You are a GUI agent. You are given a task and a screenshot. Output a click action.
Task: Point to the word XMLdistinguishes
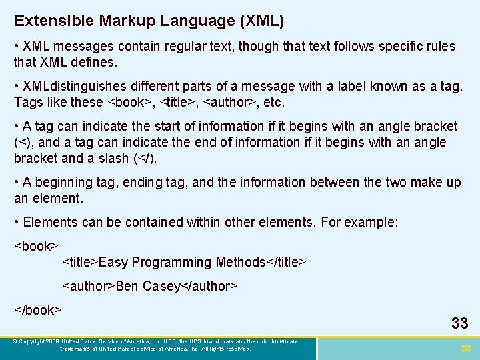click(74, 86)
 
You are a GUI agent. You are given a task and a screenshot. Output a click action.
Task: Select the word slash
click(113, 158)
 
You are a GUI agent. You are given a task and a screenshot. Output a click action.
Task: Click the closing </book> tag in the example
click(38, 310)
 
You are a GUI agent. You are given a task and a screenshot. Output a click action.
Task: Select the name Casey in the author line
click(161, 286)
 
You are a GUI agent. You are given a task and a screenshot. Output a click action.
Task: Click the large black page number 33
click(459, 323)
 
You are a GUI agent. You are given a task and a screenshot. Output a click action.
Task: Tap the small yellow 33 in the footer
click(465, 349)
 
